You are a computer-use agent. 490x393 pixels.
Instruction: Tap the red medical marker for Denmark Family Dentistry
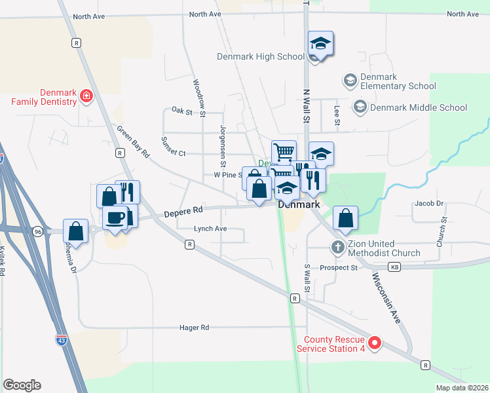coord(86,98)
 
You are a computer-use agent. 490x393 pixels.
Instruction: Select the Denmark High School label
coord(261,56)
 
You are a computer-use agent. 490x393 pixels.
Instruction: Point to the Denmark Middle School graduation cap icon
coord(360,107)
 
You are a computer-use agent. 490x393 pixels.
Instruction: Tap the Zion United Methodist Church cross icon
coord(337,248)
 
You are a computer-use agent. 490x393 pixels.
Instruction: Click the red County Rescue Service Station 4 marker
coord(375,343)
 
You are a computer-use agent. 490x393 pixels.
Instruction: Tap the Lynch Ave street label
coord(210,229)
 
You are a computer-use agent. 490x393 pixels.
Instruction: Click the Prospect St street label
coord(338,267)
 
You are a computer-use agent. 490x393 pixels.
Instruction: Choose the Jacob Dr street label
coord(429,204)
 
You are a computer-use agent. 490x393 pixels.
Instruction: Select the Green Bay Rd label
coord(134,140)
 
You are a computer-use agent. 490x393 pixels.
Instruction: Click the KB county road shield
coord(394,267)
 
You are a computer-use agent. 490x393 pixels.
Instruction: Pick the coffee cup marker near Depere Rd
coord(115,217)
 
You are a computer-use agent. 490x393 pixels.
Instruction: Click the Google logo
coord(22,385)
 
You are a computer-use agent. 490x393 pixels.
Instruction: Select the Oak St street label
coord(181,112)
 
